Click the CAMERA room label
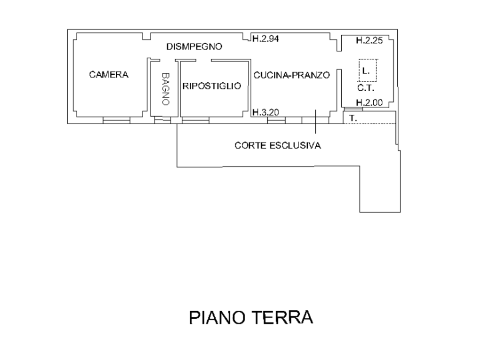[x=109, y=74]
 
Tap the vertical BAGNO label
[x=165, y=88]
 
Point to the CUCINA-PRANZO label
[x=291, y=75]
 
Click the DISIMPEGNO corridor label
[x=193, y=47]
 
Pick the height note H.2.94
[x=265, y=39]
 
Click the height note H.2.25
[x=369, y=40]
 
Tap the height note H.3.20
[x=266, y=112]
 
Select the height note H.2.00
[x=369, y=102]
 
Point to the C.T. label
[x=366, y=88]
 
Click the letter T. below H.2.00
[x=353, y=119]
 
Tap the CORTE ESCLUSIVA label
[x=278, y=146]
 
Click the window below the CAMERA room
[x=116, y=121]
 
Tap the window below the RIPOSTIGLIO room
[x=195, y=121]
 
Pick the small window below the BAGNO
[x=162, y=121]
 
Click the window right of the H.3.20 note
[x=276, y=121]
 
